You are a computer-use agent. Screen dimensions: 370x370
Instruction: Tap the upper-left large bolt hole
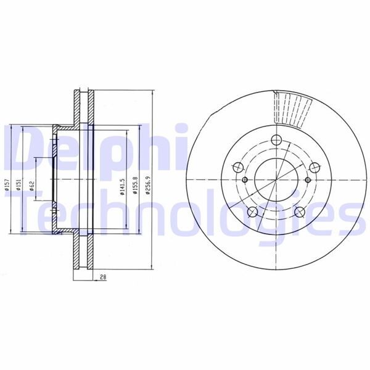[237, 166]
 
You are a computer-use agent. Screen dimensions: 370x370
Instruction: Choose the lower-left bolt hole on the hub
[252, 212]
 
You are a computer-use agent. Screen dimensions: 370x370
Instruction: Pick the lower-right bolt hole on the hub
[299, 212]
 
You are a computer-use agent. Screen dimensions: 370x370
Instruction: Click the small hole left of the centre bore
[244, 180]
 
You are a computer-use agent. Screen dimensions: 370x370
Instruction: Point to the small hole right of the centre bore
[306, 180]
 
